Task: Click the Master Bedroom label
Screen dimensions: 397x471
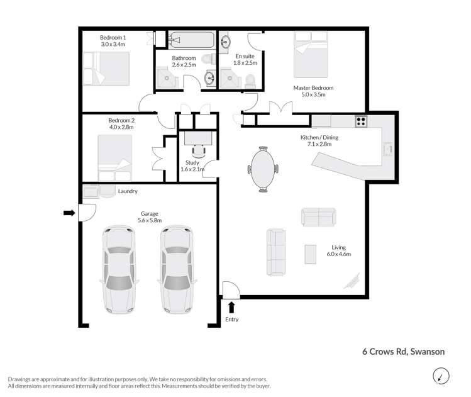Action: pos(313,91)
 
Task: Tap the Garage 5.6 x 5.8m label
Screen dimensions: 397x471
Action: pos(150,217)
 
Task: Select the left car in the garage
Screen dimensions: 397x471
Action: pos(118,270)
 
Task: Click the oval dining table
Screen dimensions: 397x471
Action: pos(263,169)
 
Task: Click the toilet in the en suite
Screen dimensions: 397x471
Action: pos(250,79)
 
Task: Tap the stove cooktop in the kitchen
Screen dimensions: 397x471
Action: pos(361,121)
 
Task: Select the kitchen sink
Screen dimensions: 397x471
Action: pos(388,149)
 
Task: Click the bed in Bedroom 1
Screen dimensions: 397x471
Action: pos(106,69)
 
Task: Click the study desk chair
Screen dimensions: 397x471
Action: pos(199,150)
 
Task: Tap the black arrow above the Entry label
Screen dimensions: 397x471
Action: pos(231,307)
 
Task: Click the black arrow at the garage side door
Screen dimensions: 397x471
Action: pos(69,214)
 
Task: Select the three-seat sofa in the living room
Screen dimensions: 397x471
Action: pos(277,252)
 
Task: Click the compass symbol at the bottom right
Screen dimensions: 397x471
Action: pos(441,376)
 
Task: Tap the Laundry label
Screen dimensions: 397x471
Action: pos(128,191)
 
